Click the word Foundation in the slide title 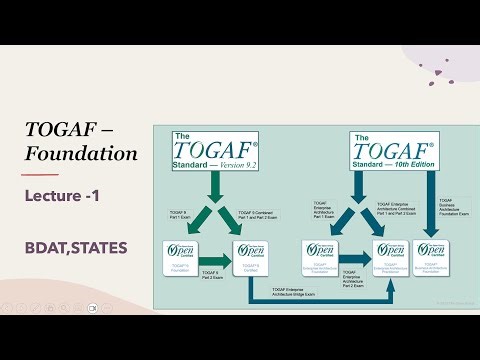click(x=82, y=154)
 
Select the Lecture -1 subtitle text click(x=66, y=197)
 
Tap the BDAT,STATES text click(x=76, y=246)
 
